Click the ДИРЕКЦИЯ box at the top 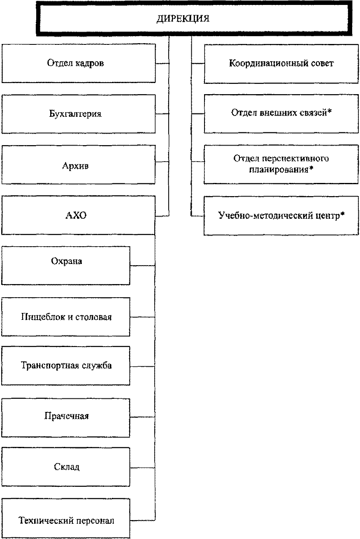coord(183,19)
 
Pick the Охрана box coord(66,265)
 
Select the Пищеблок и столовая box coord(66,317)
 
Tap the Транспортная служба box coord(66,366)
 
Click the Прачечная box coord(66,416)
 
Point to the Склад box coord(66,467)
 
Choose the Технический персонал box coord(66,520)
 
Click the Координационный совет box coord(281,64)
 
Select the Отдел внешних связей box coord(281,113)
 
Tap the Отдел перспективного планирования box coord(281,164)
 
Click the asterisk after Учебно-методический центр coord(342,214)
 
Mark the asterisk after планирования coord(311,169)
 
